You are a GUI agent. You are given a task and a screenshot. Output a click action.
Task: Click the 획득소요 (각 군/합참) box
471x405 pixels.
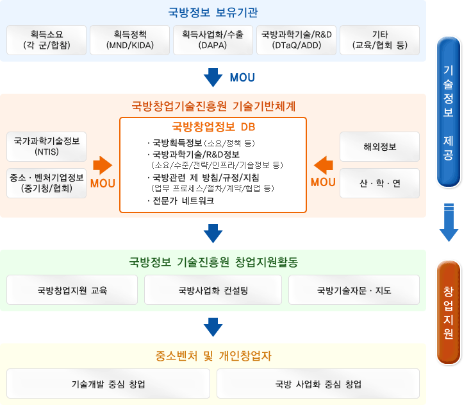(46, 40)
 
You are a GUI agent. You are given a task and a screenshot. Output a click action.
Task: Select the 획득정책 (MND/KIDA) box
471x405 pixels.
(129, 40)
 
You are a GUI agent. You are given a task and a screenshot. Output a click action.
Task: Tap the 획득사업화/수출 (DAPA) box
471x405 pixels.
(213, 40)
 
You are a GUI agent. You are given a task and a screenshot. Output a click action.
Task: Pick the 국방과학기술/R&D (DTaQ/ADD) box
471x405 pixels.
(296, 40)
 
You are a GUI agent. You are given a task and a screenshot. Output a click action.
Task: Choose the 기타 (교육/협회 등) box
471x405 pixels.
(379, 40)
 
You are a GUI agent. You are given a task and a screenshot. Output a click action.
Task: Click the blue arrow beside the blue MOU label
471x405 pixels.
(212, 78)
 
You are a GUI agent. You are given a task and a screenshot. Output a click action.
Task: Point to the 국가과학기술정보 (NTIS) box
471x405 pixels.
(46, 146)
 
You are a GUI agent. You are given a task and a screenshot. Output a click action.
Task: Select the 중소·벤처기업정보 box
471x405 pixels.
(46, 183)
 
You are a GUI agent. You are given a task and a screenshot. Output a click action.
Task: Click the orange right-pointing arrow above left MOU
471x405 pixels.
(102, 165)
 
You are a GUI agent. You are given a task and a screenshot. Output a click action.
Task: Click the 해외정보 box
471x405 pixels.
(379, 146)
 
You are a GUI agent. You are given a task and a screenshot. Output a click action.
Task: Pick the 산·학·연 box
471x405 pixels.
(379, 183)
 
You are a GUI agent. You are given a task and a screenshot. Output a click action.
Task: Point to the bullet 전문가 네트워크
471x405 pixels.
(182, 200)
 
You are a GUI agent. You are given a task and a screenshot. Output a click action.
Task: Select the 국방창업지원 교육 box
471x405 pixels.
(72, 290)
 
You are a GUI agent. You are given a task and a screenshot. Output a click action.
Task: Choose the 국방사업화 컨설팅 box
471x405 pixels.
(213, 290)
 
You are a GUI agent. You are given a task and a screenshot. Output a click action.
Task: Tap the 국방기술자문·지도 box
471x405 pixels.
(354, 290)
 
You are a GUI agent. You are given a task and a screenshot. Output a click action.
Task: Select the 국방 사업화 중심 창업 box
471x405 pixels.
(318, 384)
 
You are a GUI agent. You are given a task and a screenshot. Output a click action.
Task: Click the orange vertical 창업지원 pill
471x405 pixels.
(449, 312)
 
